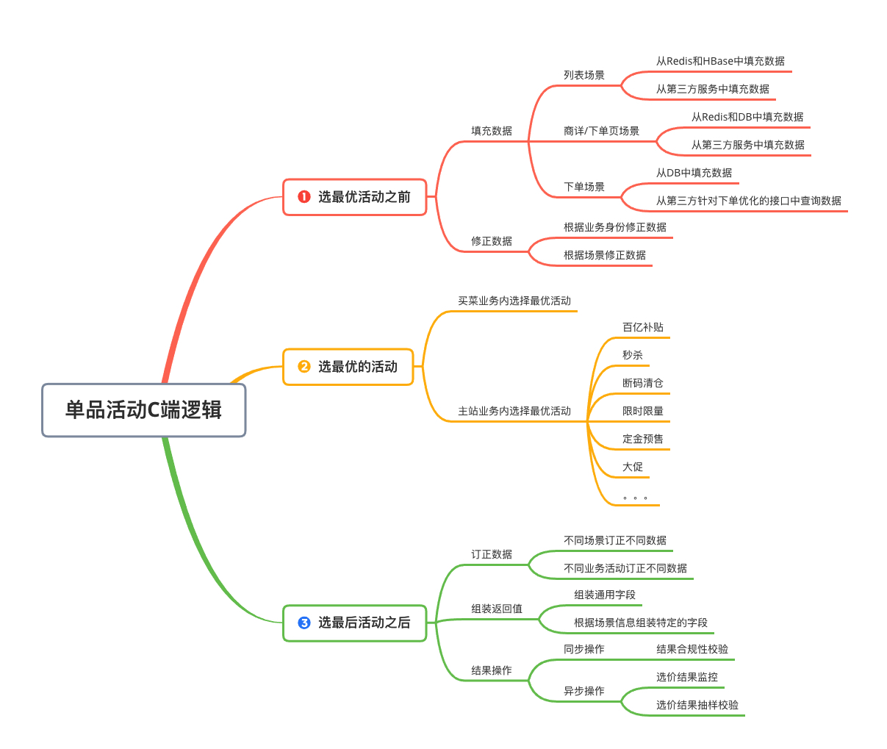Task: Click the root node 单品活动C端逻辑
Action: tap(143, 410)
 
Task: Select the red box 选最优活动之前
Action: tap(355, 197)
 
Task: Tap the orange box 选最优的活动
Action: tap(348, 367)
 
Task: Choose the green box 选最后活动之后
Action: tap(355, 623)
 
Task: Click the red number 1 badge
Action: tap(304, 197)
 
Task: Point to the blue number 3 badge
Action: tap(304, 623)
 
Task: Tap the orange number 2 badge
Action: tap(304, 367)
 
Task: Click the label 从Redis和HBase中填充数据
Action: tap(720, 61)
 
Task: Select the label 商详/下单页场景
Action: tap(601, 131)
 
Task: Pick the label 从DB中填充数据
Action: tap(694, 173)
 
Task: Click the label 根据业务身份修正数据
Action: tap(615, 227)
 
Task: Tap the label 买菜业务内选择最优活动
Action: tap(514, 301)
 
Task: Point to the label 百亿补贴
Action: tap(643, 327)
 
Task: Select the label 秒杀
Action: tap(633, 355)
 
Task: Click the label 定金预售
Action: tap(643, 439)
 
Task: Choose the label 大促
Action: tap(633, 467)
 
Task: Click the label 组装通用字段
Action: tap(605, 595)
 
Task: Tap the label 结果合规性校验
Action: tap(692, 649)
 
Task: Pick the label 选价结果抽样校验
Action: tap(697, 705)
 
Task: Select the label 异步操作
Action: tap(584, 691)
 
